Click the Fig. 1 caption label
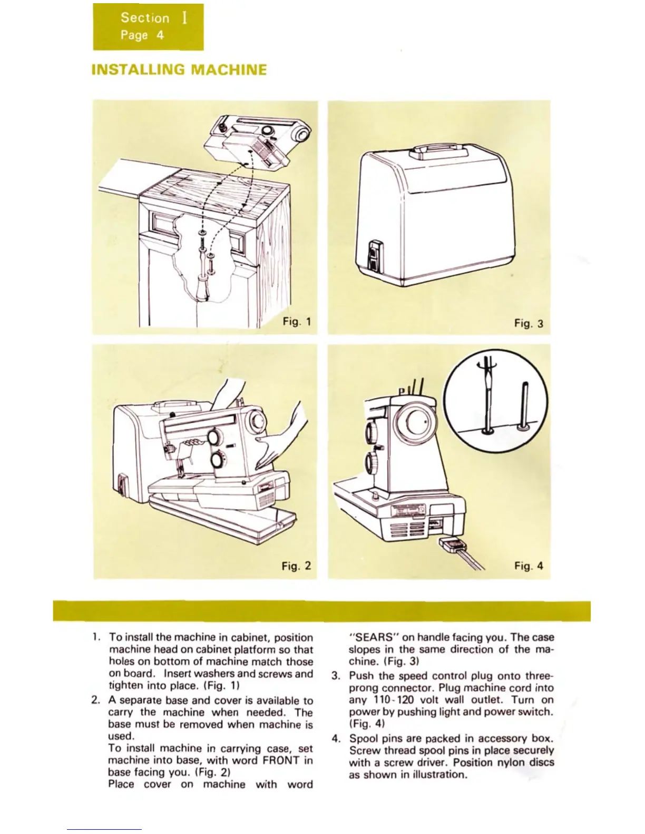297,321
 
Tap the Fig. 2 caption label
296,566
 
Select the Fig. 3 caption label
529,323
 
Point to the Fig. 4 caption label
529,566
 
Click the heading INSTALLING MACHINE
179,70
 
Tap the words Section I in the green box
153,18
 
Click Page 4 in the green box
142,35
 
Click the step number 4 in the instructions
336,739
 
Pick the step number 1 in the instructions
94,638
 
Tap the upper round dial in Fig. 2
215,438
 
